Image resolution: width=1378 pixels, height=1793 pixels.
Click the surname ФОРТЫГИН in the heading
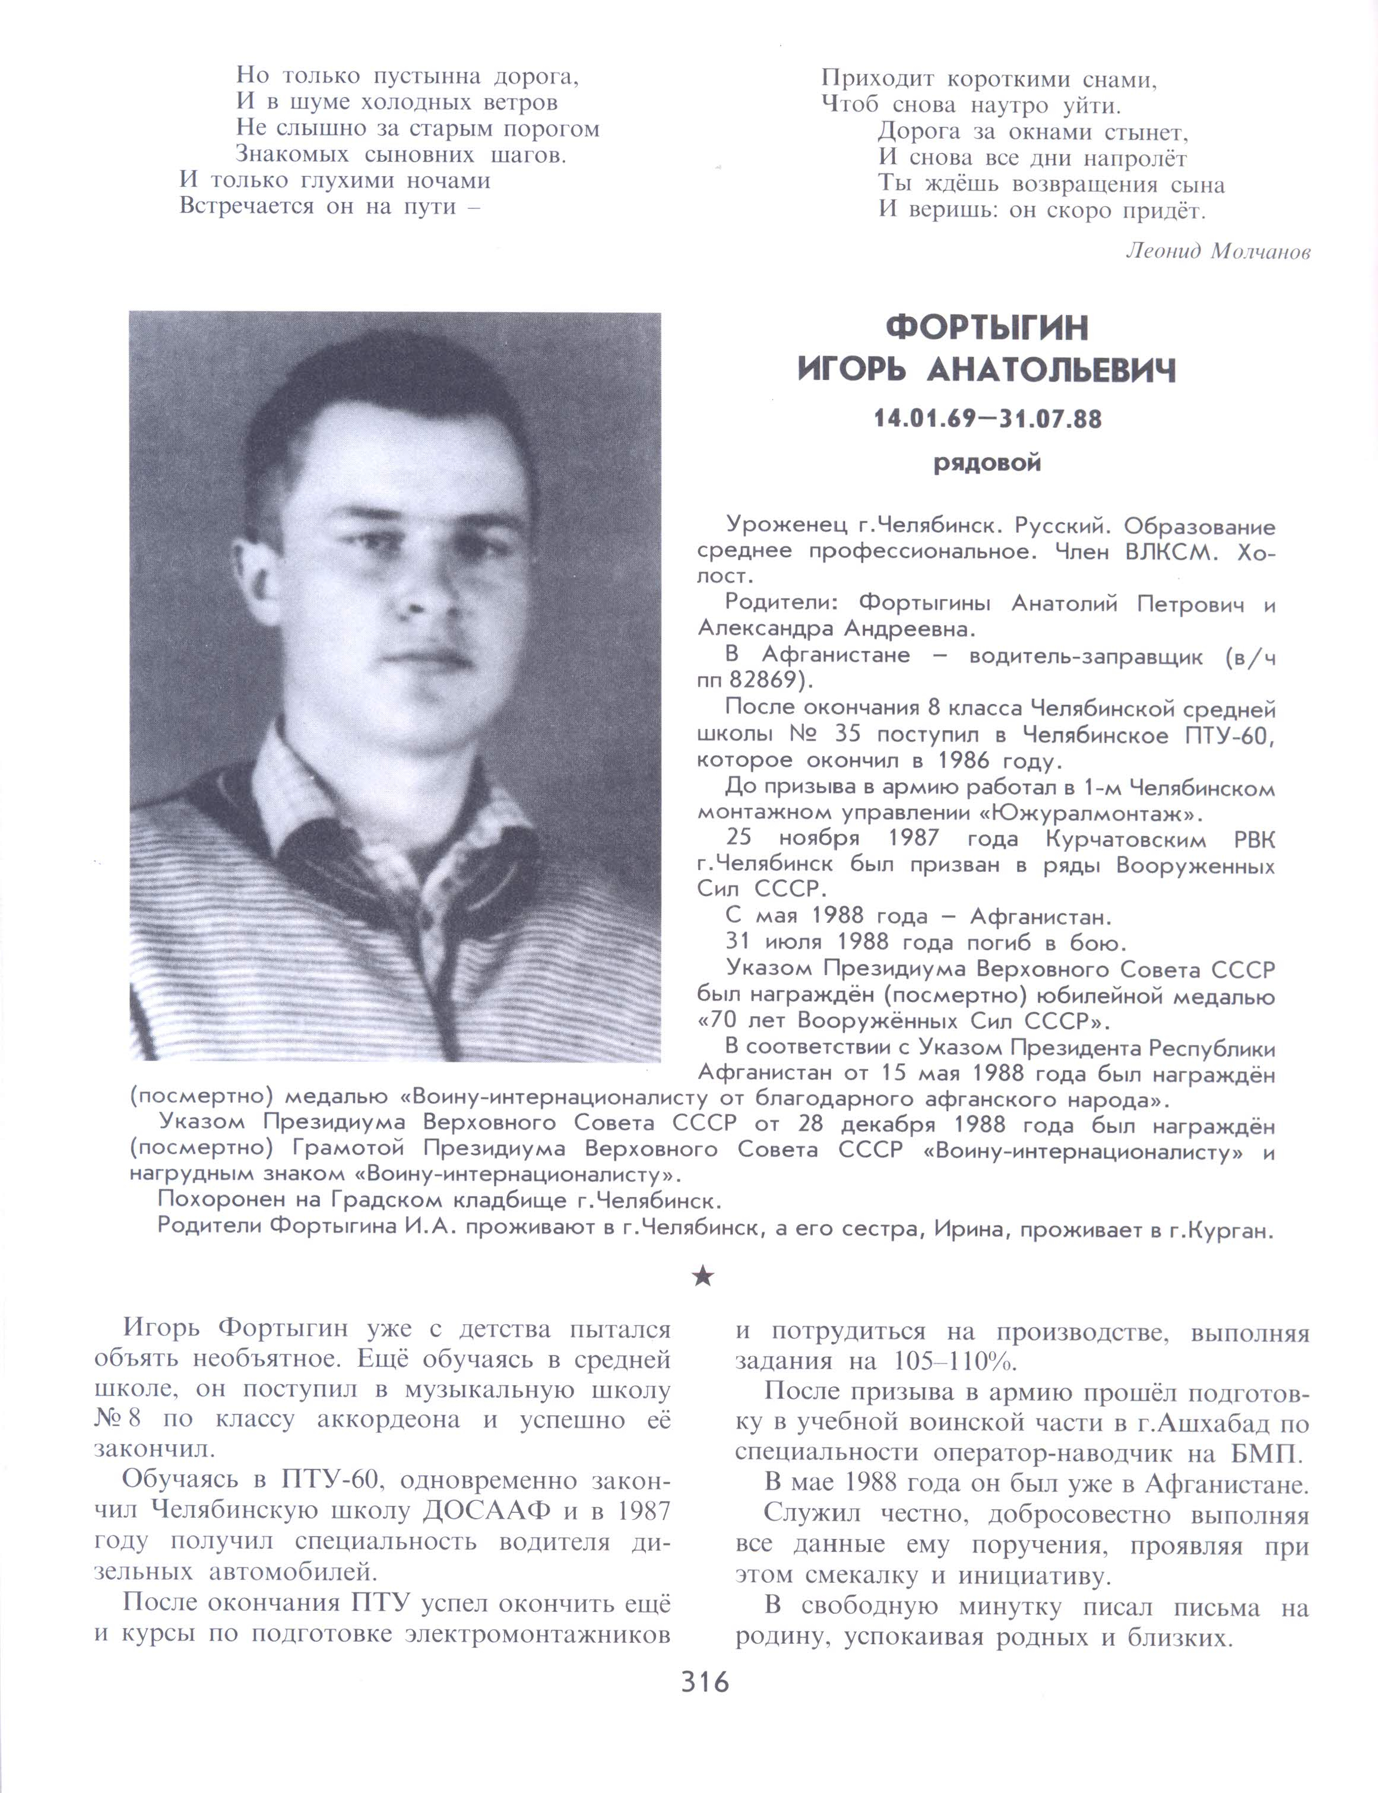[x=987, y=328]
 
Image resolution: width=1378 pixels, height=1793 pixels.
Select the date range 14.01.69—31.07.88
[x=987, y=420]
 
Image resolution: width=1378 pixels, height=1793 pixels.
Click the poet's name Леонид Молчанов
[x=1218, y=252]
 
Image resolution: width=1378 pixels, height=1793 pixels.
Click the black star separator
[x=703, y=1277]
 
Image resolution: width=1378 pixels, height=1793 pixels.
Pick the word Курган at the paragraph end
[x=1234, y=1232]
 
